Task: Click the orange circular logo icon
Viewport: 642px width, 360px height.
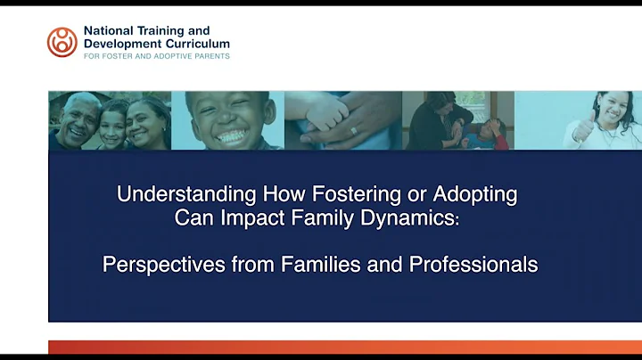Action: tap(62, 42)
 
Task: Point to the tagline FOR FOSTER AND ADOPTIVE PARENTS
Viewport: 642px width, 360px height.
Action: tap(157, 56)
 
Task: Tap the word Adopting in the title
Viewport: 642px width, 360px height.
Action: tap(478, 193)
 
